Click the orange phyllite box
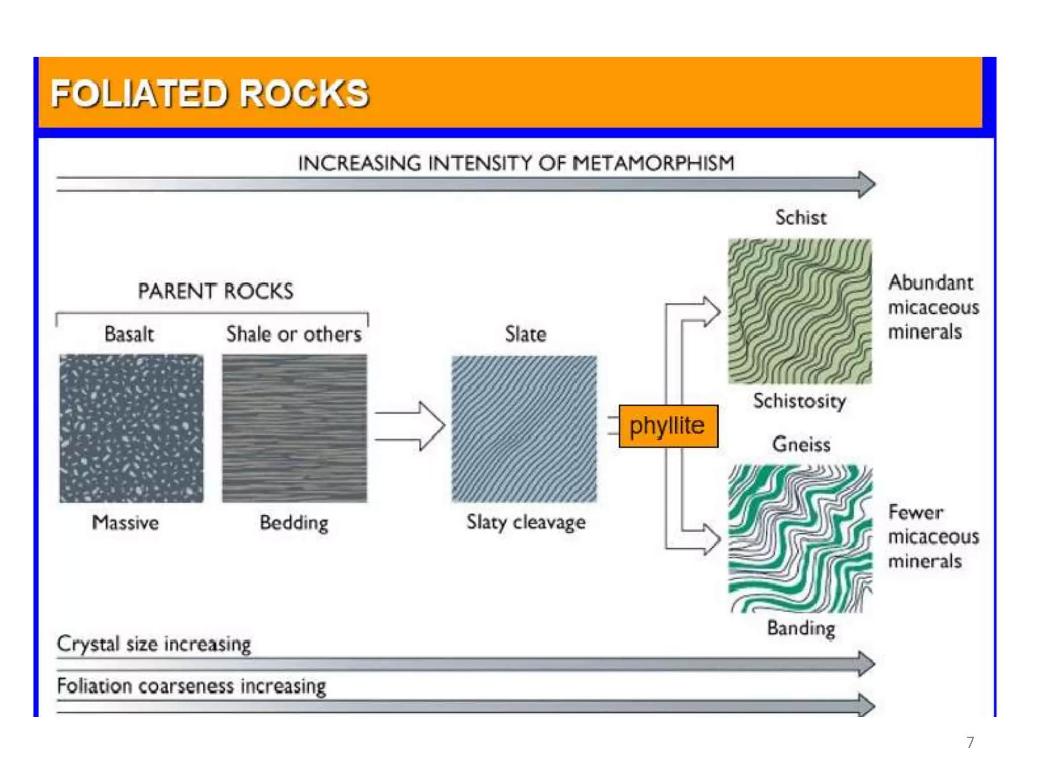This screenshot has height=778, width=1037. coord(668,426)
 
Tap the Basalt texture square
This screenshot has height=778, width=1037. coord(131,429)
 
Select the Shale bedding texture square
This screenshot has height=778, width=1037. coord(294,429)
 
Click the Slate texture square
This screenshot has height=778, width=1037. coord(524,429)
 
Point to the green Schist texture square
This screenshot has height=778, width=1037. coord(800,312)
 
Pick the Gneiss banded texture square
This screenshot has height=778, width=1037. coord(800,538)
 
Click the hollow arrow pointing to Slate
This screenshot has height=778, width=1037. coord(411,426)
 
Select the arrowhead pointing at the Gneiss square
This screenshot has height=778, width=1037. coord(711,538)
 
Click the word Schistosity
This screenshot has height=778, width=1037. coord(799,401)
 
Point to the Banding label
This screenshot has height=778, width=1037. coord(801,628)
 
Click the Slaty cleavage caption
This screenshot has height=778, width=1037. coord(526,522)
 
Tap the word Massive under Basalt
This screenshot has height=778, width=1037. coord(126,522)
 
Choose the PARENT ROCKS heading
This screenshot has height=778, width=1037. coord(216,291)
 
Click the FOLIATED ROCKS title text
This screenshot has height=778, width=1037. coord(210,94)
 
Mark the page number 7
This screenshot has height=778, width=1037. coord(970,742)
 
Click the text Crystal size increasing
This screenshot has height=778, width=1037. coord(154,644)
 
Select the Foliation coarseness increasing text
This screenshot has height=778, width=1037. coord(191,686)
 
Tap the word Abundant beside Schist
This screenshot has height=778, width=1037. coord(931,283)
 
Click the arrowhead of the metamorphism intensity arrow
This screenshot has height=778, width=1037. coord(866,184)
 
